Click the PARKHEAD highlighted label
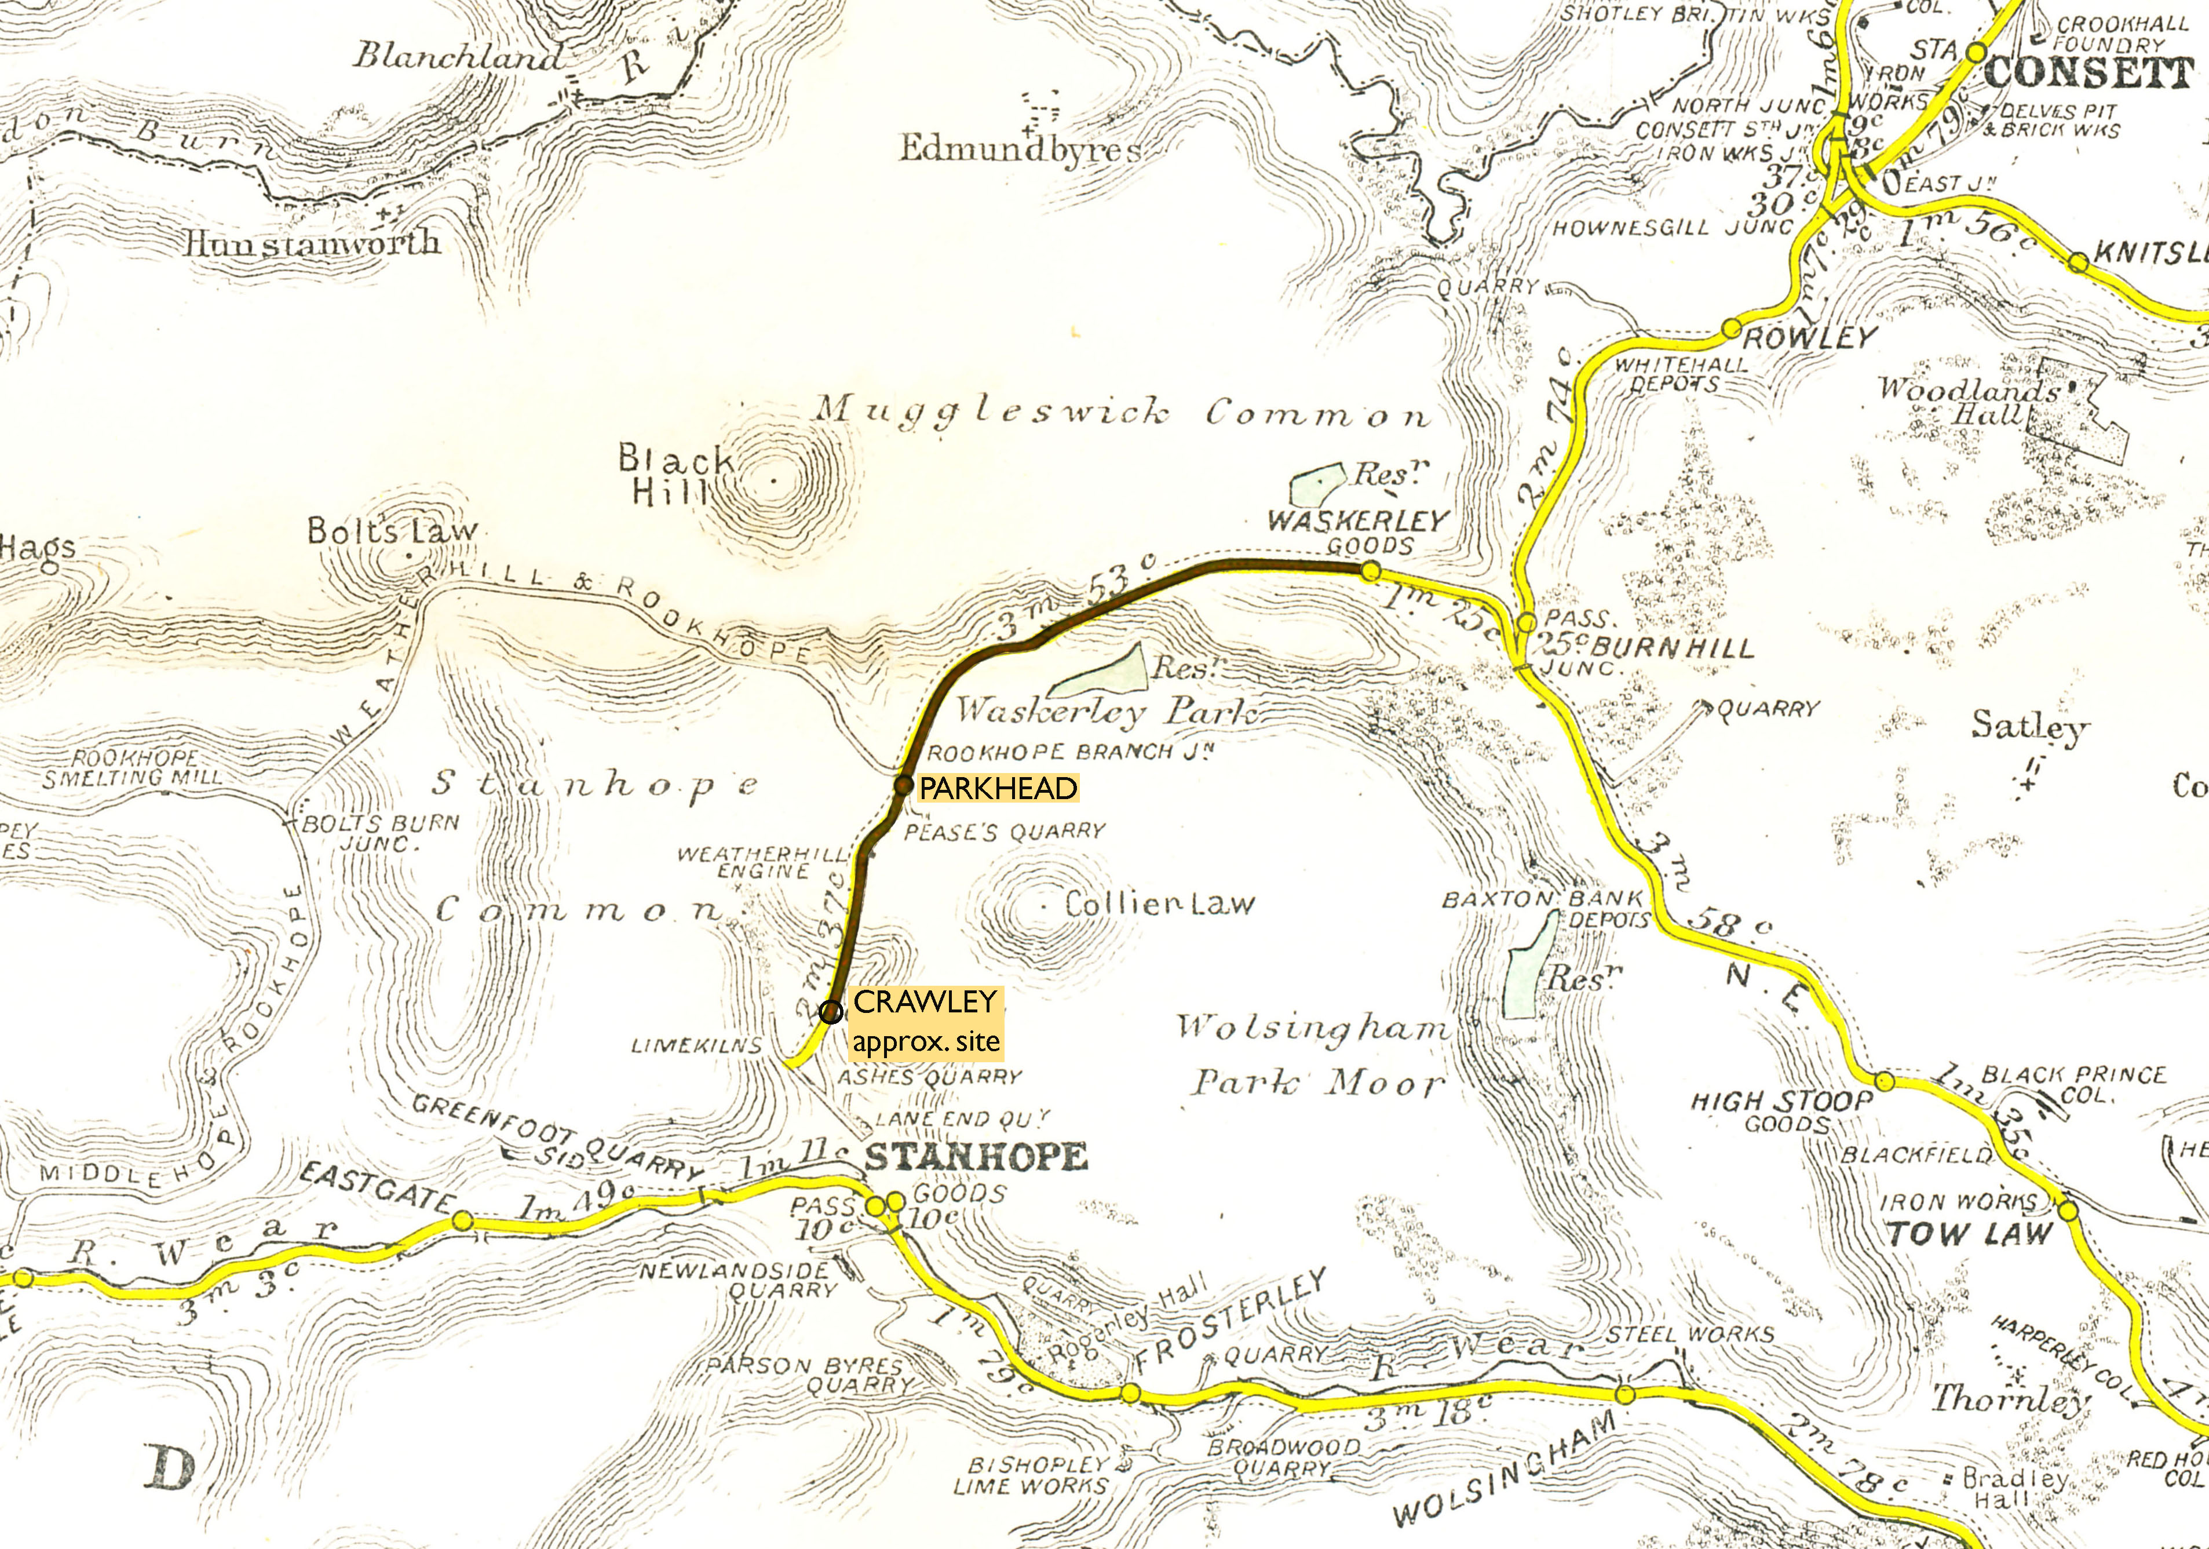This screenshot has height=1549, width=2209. click(x=998, y=789)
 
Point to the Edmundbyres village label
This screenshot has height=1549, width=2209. click(x=1020, y=149)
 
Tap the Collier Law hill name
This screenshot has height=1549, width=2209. click(x=1159, y=905)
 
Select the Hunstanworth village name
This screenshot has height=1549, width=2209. click(x=313, y=242)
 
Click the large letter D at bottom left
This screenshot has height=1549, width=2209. click(x=173, y=1469)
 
